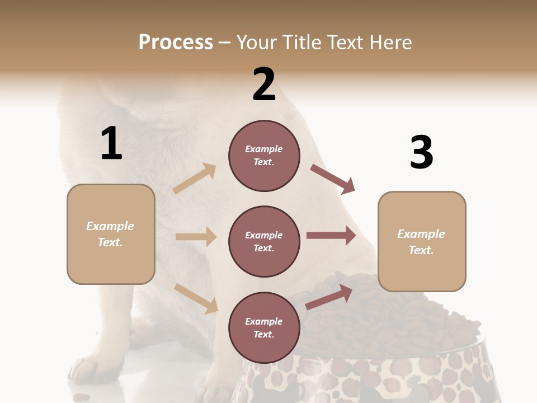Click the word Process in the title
pos(176,42)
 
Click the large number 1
pos(111,143)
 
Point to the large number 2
pos(264,85)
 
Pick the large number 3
pos(421,152)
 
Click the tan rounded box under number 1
pos(111,234)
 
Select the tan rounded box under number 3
pos(422,242)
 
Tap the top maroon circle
pos(264,156)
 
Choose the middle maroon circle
pos(264,242)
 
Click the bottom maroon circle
pos(264,328)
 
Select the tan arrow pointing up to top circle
pos(195,179)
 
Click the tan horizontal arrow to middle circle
pos(196,237)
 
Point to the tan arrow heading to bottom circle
pos(196,298)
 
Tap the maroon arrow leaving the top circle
pos(333,179)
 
